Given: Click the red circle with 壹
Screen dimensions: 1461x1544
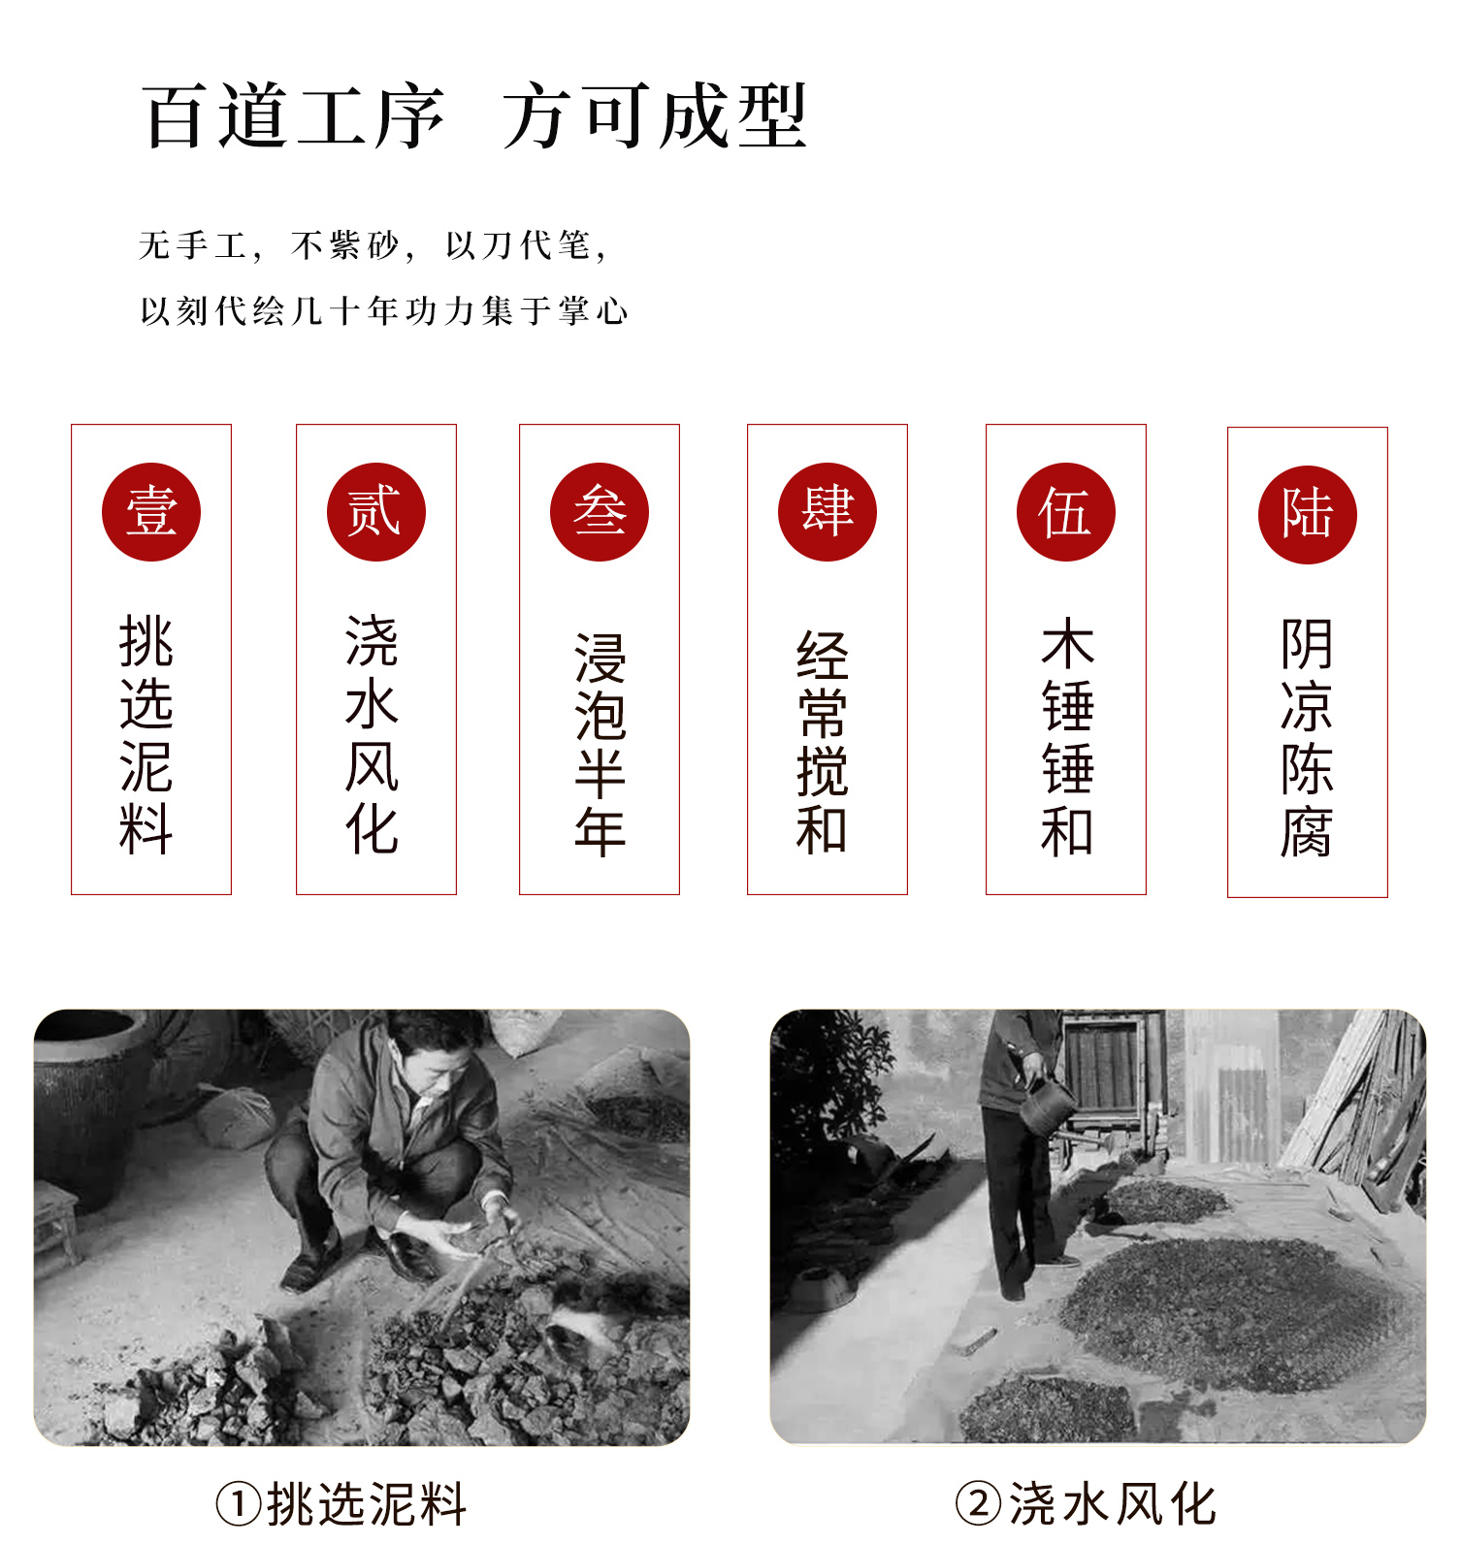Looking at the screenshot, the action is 151,512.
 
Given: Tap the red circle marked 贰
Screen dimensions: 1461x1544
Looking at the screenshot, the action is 376,512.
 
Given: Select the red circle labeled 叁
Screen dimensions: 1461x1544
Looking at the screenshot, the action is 600,512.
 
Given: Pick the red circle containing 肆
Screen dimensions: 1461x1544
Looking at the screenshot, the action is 828,512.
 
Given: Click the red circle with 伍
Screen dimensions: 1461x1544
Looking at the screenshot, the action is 1066,512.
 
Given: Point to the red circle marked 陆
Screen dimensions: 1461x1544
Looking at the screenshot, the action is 1308,515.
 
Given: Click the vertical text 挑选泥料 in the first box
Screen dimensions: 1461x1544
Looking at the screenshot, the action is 146,735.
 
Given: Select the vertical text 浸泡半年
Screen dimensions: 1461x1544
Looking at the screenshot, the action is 601,745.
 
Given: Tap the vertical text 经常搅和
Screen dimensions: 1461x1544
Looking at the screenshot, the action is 823,742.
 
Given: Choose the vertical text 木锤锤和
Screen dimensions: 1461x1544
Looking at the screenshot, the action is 1067,737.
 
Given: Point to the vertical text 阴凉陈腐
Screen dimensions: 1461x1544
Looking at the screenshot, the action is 1307,738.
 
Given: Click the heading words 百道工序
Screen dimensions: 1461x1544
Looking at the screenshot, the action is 294,116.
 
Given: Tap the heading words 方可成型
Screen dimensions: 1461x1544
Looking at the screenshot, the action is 656,116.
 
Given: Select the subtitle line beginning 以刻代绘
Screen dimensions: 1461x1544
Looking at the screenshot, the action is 384,311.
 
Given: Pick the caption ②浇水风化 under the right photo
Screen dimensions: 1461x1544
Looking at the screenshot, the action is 1086,1504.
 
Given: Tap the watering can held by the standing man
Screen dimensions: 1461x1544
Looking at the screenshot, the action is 1046,1106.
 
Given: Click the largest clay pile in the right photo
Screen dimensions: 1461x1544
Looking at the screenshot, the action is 1232,1314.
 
